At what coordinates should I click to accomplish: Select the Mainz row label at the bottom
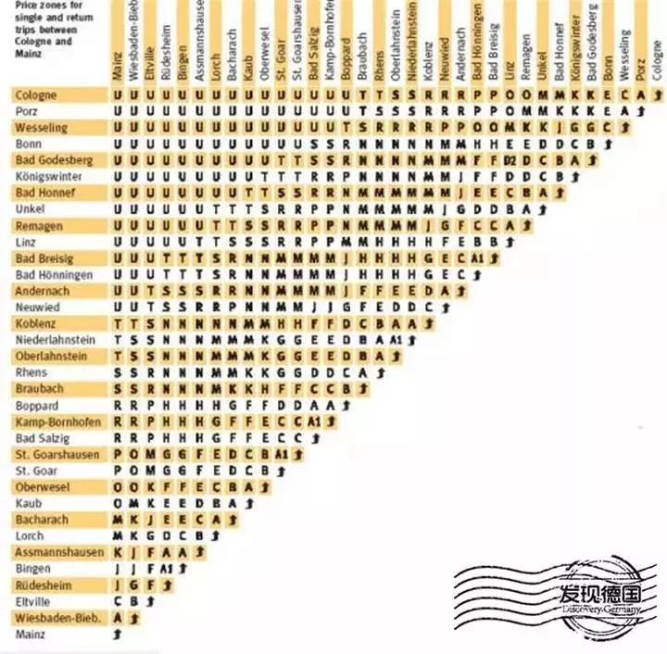pos(30,635)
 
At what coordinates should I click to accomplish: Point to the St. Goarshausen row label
pos(55,454)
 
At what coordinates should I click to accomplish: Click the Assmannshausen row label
pos(58,552)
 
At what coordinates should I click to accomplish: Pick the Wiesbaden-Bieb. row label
pos(57,617)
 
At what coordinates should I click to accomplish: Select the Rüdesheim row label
pos(43,585)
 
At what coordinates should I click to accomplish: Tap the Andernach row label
pos(42,290)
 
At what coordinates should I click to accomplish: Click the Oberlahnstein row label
pos(51,355)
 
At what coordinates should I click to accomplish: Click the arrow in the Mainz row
pos(118,635)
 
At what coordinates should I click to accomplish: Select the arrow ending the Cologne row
pos(656,94)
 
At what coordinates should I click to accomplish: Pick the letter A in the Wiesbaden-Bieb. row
pos(118,617)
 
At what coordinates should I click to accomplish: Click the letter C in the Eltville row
pos(118,601)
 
